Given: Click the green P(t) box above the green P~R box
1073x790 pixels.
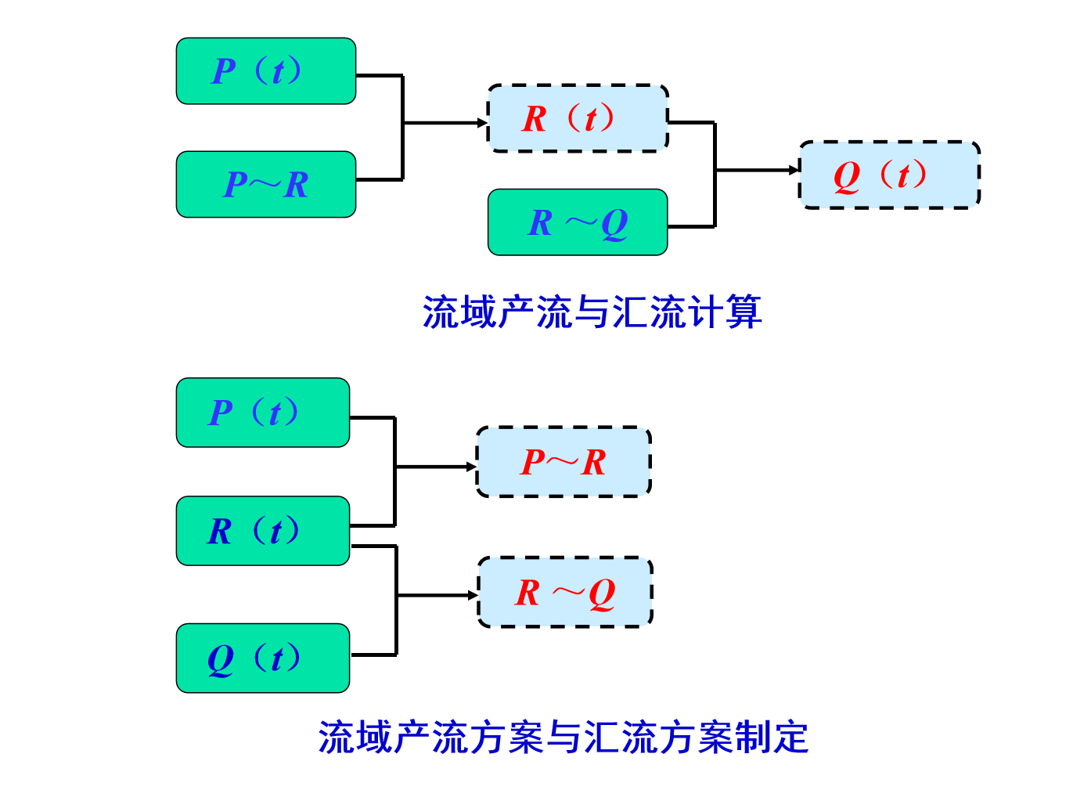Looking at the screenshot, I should tap(266, 71).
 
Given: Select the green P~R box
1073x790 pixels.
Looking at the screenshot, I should tap(266, 185).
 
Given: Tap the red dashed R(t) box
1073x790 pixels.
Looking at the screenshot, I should tap(578, 118).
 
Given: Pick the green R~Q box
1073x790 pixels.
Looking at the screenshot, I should tap(578, 222).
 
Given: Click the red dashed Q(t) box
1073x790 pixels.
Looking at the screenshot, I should tap(889, 175).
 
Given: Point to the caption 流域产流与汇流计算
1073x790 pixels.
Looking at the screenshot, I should tap(592, 312).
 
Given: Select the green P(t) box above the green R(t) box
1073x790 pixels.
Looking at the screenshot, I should tap(263, 413).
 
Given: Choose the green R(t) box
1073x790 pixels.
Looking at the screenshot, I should tap(263, 531).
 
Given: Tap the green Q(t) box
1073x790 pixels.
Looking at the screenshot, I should tap(263, 658).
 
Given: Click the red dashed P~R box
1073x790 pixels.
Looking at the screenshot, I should tap(564, 462).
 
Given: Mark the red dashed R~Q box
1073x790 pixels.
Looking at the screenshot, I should tap(565, 592).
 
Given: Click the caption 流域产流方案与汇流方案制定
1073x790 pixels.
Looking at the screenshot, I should tap(563, 737).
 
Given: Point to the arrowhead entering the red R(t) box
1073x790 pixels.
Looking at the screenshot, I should tap(482, 123).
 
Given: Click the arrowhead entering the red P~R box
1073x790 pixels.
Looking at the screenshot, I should tap(472, 467).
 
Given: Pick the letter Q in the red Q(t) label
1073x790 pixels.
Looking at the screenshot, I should tap(847, 176).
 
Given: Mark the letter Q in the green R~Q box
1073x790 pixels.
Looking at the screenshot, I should tap(615, 224).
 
